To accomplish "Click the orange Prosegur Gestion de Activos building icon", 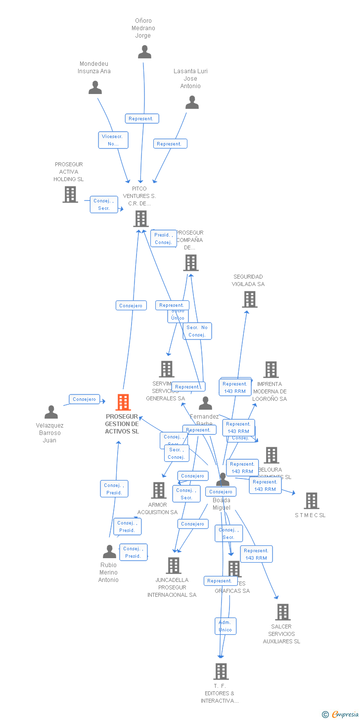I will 123,402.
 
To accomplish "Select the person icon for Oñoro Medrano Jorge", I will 144,52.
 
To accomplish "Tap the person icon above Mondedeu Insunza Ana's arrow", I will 95,88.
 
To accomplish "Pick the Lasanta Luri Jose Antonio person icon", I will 192,102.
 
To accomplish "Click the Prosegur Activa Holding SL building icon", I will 70,194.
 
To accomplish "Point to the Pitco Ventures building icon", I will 141,218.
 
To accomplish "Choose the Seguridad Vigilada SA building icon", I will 250,299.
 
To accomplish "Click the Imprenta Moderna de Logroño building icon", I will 271,370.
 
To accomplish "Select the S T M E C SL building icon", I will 312,501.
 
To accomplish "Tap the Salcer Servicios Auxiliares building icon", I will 283,612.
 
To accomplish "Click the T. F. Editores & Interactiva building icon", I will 221,672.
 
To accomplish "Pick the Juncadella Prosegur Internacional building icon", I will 174,566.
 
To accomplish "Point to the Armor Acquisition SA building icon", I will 159,490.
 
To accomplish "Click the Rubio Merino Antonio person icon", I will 109,551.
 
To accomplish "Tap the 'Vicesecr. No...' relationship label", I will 113,140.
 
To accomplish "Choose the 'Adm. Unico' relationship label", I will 225,626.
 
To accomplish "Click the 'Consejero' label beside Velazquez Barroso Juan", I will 85,399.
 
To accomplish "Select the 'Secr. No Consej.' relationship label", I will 197,331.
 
